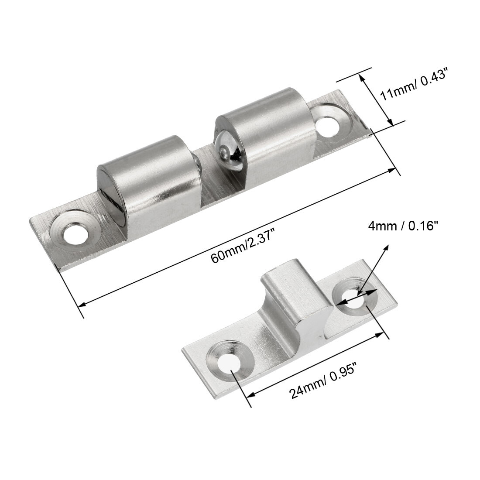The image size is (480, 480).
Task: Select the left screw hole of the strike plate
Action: (230, 360)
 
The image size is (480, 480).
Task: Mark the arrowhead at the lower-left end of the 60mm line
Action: (81, 304)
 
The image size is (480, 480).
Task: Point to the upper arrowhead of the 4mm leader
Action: (386, 247)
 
